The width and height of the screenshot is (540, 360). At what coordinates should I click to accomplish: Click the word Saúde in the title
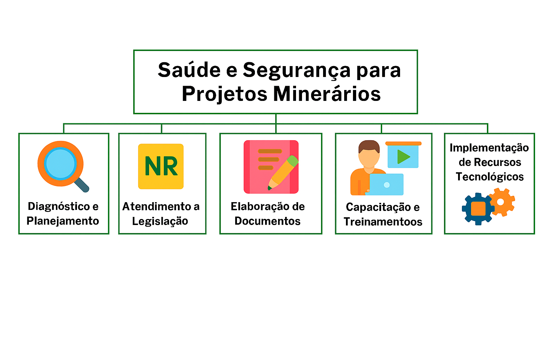click(x=189, y=70)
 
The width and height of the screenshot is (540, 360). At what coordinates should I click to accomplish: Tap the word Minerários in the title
click(x=327, y=94)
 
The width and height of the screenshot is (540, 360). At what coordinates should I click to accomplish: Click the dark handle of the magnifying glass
click(x=82, y=185)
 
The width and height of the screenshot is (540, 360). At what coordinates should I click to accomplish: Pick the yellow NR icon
click(x=161, y=166)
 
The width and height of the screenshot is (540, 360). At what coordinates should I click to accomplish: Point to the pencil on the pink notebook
click(x=283, y=172)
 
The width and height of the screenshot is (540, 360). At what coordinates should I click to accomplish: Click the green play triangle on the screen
click(x=403, y=157)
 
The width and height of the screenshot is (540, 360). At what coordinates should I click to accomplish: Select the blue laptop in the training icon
click(x=386, y=184)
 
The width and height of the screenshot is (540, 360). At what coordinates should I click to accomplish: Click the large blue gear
click(x=478, y=209)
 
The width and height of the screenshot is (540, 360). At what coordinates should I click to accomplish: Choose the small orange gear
click(x=501, y=202)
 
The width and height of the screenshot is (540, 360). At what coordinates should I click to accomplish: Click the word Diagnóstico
click(x=58, y=206)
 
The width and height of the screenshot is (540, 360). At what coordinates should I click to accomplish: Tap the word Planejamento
click(x=63, y=221)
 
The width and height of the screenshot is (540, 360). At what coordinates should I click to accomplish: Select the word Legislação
click(x=160, y=221)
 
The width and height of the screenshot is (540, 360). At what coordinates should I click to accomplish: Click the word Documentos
click(x=268, y=221)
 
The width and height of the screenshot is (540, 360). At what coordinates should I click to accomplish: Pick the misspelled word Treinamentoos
click(x=383, y=222)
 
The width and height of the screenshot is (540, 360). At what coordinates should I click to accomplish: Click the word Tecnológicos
click(x=490, y=176)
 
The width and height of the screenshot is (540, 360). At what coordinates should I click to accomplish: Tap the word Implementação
click(x=489, y=148)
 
